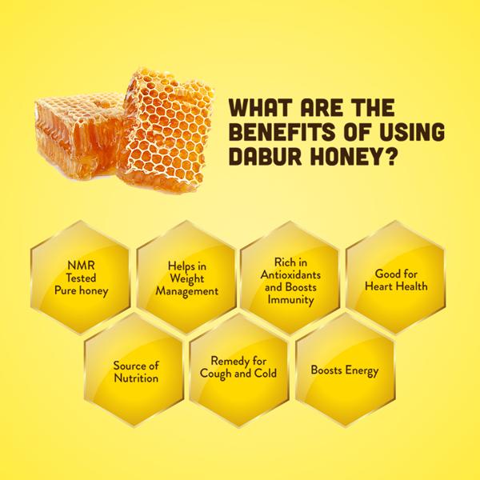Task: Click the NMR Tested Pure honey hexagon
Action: [80, 277]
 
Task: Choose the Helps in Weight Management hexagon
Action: [186, 277]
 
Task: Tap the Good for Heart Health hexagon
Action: [395, 277]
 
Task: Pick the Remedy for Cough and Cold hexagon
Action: [238, 370]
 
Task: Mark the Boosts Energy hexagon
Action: [345, 370]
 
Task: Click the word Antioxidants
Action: [290, 274]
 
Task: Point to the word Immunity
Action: [290, 299]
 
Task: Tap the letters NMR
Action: [81, 266]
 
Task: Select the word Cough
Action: [215, 374]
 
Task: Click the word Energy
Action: [362, 370]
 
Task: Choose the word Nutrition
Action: [136, 378]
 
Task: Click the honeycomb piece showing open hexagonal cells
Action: [168, 129]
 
